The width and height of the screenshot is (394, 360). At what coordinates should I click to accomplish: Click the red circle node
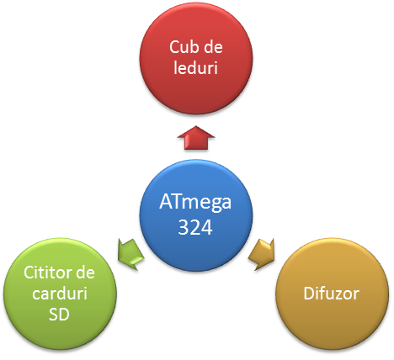[196, 58]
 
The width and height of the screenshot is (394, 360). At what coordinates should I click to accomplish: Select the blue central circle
[196, 215]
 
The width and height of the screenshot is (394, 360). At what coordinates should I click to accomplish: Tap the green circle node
[60, 294]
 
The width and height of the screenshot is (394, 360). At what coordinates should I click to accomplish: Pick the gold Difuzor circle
[333, 294]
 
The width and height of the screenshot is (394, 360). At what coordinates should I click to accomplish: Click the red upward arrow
[196, 138]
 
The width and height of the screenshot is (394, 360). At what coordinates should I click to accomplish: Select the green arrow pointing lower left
[130, 254]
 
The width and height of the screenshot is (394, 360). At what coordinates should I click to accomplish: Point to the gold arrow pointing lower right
[262, 254]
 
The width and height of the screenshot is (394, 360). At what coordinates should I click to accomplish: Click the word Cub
[184, 47]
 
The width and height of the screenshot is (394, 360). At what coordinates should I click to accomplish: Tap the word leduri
[195, 67]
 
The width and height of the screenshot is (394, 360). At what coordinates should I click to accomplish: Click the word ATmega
[195, 203]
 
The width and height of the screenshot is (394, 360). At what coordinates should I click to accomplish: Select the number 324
[195, 227]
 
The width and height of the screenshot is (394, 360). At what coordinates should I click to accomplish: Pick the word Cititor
[47, 273]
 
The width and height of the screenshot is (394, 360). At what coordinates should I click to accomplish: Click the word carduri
[60, 294]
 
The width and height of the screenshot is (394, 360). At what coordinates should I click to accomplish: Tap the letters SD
[59, 315]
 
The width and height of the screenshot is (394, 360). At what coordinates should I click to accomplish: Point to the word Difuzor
[332, 294]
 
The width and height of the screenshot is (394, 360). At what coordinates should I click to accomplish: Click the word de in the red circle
[213, 47]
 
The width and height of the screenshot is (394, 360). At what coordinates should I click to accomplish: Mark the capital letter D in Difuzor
[309, 294]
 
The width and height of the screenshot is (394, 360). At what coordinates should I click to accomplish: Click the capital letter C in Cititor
[29, 273]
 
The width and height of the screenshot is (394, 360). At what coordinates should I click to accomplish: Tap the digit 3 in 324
[184, 227]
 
